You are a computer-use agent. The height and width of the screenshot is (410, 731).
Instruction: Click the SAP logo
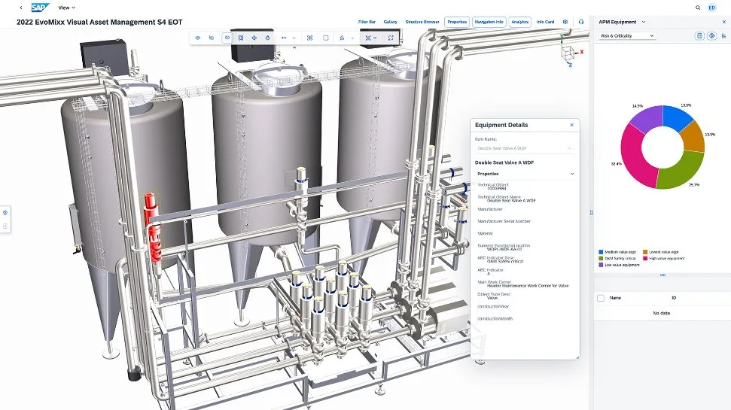click(x=40, y=8)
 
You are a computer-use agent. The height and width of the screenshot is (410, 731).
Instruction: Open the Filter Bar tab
click(x=367, y=22)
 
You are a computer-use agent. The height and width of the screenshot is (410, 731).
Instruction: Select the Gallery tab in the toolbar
click(x=390, y=22)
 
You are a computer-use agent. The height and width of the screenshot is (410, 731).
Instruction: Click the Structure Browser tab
click(x=422, y=22)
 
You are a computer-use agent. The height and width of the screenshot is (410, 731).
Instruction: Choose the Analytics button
click(x=519, y=22)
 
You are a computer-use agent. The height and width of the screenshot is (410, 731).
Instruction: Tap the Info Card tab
click(x=545, y=22)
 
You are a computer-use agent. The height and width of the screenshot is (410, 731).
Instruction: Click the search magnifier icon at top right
click(x=697, y=8)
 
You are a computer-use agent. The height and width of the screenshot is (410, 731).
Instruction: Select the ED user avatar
click(x=712, y=8)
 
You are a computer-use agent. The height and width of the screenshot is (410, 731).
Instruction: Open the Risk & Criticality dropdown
click(x=627, y=35)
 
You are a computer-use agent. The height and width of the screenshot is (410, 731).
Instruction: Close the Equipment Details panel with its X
click(x=571, y=125)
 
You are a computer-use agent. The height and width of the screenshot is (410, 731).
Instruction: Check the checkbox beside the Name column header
click(x=600, y=298)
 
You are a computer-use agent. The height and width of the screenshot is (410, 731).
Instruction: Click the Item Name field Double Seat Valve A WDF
click(x=525, y=148)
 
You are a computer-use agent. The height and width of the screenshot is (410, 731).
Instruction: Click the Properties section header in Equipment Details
click(x=525, y=174)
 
